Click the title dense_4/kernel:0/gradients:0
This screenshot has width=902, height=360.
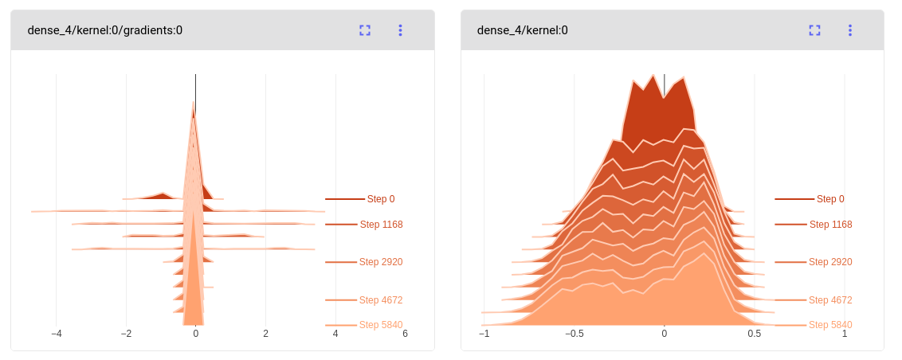click(104, 30)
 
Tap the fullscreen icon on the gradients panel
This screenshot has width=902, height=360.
click(365, 30)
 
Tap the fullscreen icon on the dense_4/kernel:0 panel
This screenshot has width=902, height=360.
click(814, 30)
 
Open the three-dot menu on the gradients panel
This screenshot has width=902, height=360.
click(400, 30)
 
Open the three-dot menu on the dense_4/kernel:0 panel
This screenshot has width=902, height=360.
click(849, 30)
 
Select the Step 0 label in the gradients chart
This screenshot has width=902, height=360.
click(381, 199)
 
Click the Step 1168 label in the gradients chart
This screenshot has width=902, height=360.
click(381, 225)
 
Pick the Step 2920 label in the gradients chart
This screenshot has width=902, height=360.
click(381, 262)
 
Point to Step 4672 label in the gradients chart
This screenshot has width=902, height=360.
click(381, 300)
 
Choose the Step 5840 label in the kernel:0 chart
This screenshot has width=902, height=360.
click(830, 325)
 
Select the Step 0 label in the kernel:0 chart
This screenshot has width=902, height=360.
click(830, 199)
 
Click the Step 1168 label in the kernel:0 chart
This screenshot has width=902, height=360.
click(830, 225)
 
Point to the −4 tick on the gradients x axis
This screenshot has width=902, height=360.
click(56, 335)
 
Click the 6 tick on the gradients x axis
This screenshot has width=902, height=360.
click(405, 335)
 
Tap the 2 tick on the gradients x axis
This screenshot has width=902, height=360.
click(265, 335)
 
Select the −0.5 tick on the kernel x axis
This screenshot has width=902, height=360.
click(573, 335)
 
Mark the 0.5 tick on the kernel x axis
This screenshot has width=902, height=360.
click(754, 335)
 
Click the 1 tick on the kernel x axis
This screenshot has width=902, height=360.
click(845, 335)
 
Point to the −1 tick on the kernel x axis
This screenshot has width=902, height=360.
click(483, 335)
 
